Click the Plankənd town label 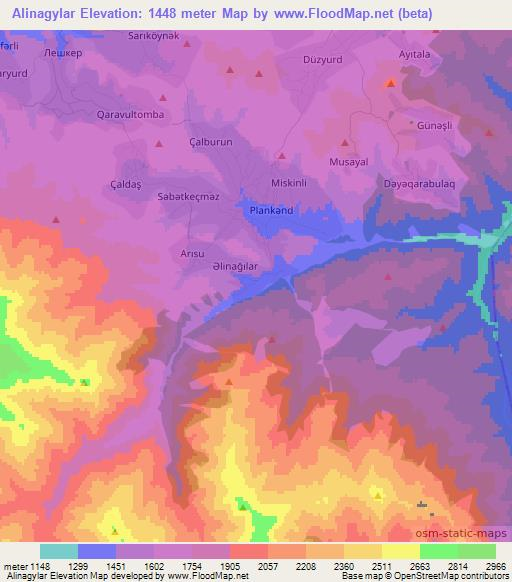(270, 211)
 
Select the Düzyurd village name (323, 59)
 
